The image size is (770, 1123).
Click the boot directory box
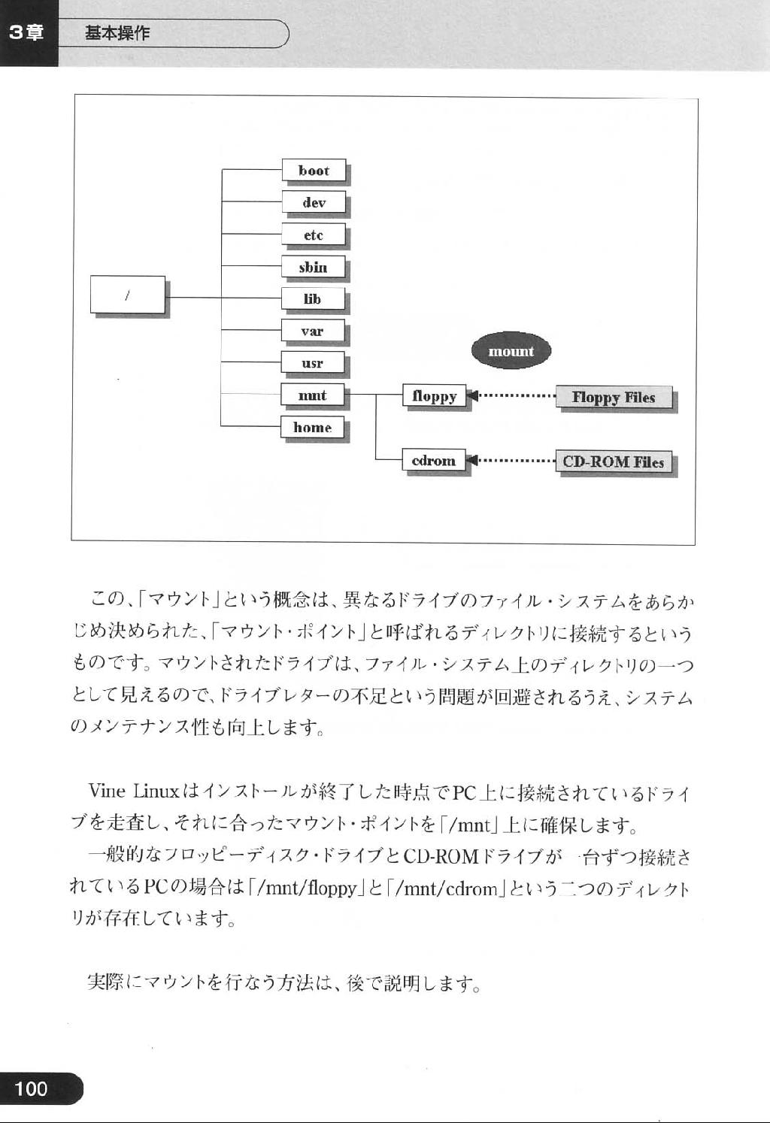coord(314,171)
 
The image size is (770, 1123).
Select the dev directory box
coord(314,202)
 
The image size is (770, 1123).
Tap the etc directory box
coord(314,235)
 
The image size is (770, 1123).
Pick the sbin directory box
coord(314,267)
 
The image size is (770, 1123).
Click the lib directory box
coord(313,299)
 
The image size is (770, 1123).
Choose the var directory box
coord(313,331)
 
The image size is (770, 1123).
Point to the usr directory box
coord(313,363)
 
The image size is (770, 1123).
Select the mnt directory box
coord(313,395)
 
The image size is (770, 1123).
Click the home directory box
coord(313,427)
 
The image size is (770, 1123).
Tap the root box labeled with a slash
coord(128,295)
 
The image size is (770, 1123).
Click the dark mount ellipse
coord(511,352)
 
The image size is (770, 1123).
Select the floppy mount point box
coord(435,396)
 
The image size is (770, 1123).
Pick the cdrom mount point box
coord(434,460)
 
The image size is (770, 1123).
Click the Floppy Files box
coord(614,398)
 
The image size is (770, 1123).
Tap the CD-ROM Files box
coord(614,462)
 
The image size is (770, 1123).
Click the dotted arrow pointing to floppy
coord(511,396)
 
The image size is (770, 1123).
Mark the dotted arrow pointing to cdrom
coord(511,460)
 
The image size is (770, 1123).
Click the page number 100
coord(31,1089)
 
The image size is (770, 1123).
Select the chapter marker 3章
coord(26,33)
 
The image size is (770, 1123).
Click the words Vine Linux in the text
coord(134,791)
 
